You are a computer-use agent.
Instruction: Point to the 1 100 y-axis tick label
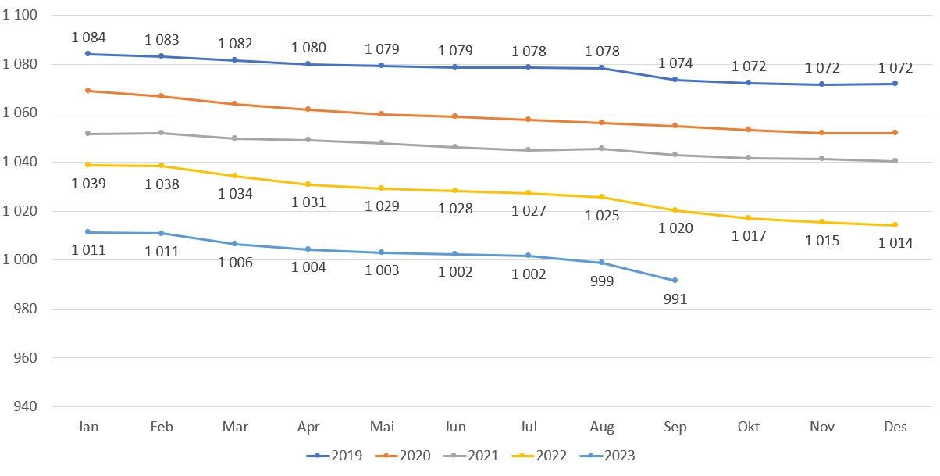coord(21,16)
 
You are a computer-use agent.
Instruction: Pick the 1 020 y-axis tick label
coord(21,211)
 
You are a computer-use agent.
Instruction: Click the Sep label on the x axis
coord(675,427)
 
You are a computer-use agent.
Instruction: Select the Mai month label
coord(381,427)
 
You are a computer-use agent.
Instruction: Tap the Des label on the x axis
coord(895,427)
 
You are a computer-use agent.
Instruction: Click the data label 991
coord(675,299)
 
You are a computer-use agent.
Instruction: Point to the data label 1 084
coord(88,37)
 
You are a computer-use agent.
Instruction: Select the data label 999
coord(601,281)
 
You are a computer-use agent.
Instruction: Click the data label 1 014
coord(895,243)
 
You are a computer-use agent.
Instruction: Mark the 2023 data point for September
coord(675,280)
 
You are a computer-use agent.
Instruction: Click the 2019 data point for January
coord(88,54)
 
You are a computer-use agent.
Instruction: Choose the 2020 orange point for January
coord(88,91)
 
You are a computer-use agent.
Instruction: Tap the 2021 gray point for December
coord(895,161)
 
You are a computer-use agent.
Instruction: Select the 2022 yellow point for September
coord(675,210)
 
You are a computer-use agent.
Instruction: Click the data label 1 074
coord(675,63)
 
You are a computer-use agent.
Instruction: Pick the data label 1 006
coord(235,263)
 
